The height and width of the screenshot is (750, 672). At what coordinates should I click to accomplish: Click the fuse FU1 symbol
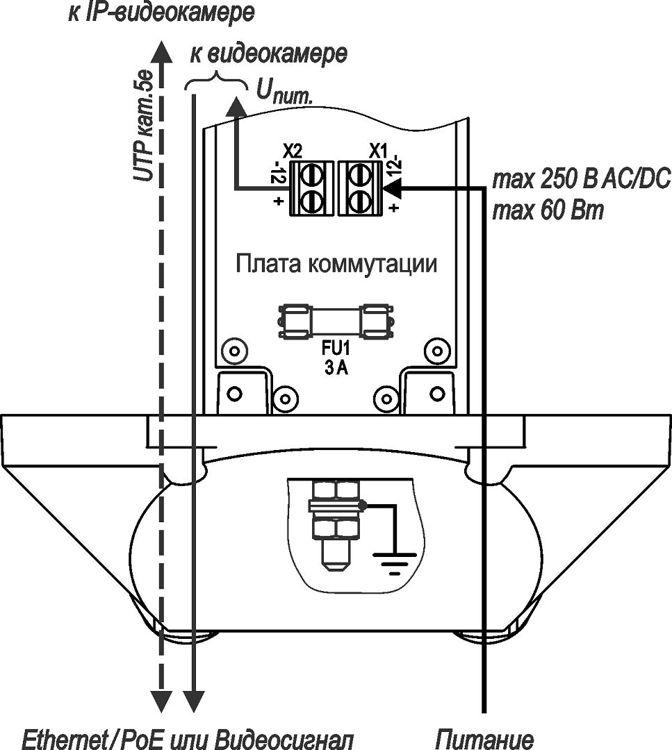335,322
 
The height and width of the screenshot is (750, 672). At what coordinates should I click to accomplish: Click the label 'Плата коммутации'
336,265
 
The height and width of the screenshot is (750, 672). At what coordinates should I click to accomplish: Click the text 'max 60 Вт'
548,210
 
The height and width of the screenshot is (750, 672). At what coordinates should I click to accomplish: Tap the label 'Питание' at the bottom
485,739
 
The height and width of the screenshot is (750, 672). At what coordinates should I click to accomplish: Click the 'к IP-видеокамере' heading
161,12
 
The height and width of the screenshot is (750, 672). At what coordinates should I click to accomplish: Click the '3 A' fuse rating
335,369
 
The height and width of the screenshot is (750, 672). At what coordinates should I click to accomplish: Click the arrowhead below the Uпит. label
236,107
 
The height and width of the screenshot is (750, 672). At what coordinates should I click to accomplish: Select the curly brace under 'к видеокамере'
217,81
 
